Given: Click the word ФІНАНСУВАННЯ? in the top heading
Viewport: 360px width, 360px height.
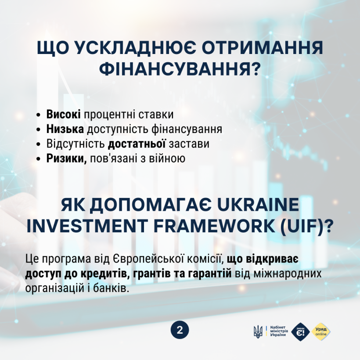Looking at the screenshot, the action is (x=180, y=68).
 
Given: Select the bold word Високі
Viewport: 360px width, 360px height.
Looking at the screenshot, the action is (x=63, y=114).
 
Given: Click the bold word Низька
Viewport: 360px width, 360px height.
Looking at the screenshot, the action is (x=65, y=129).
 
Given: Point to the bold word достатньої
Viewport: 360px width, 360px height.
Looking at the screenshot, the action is (x=137, y=144).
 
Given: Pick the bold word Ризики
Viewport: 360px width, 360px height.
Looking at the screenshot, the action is (x=67, y=159).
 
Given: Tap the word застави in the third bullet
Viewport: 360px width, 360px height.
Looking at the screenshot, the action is (x=189, y=144).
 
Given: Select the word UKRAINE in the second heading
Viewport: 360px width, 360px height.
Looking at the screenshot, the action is (x=258, y=205).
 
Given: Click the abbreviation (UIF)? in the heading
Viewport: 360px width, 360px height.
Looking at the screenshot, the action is (x=306, y=226).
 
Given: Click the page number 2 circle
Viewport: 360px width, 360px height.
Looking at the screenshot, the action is (x=180, y=331).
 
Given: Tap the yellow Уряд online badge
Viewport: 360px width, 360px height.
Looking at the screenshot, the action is (x=321, y=331).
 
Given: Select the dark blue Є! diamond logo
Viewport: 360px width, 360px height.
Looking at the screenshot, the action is (x=300, y=331).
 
